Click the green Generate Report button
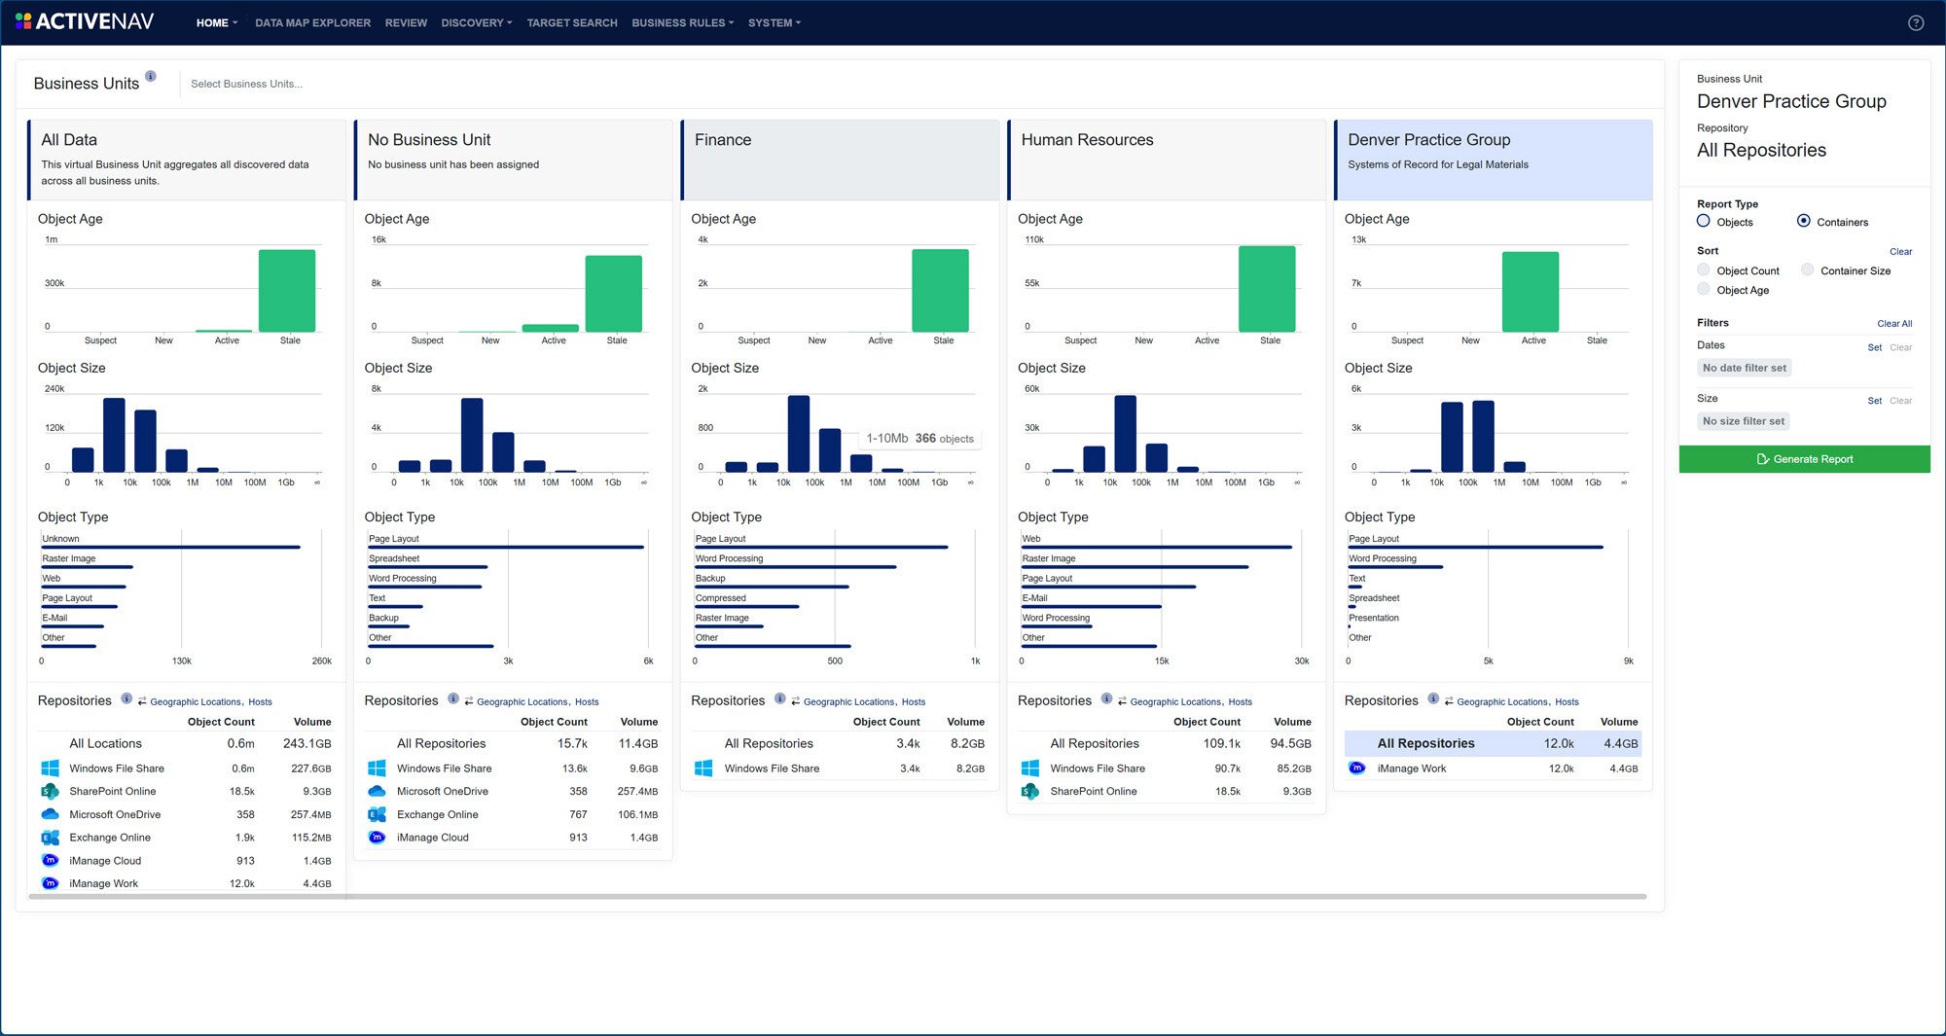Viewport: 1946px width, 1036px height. (1804, 459)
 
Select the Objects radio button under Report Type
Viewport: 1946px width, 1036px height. (1704, 221)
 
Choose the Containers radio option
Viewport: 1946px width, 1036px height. (1804, 221)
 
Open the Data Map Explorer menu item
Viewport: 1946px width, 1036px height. (312, 22)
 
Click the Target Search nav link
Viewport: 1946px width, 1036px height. (571, 22)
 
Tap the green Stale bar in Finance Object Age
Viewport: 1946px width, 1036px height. (940, 290)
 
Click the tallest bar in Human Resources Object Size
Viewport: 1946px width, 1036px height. (1125, 433)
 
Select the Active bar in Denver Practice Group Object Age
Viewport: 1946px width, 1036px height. (1530, 292)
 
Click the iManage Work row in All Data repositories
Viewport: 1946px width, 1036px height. (104, 883)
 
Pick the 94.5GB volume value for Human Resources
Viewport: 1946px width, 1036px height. (1290, 743)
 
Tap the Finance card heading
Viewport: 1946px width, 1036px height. (723, 140)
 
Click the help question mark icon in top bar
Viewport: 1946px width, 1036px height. (1916, 22)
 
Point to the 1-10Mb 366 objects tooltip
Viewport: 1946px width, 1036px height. (919, 439)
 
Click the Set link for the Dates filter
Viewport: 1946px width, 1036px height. (1874, 347)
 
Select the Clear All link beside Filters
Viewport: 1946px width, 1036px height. (1893, 324)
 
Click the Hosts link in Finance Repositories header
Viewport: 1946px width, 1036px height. (913, 701)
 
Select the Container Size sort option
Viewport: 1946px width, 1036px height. (1808, 270)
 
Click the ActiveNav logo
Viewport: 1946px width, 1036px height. (86, 21)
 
